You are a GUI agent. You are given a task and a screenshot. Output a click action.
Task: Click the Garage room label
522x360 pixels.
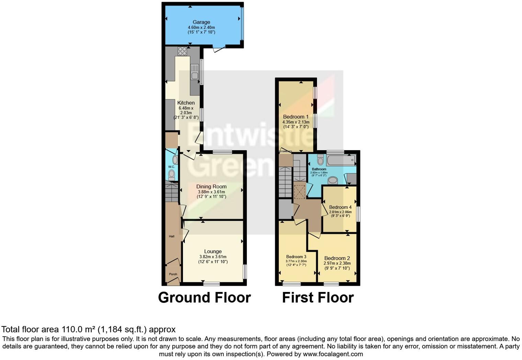point(201,22)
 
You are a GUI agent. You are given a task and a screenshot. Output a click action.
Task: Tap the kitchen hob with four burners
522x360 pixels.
point(182,51)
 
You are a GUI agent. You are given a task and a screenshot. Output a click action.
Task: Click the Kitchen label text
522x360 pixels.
point(186,103)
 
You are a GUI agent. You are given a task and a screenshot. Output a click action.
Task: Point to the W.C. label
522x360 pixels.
point(171,167)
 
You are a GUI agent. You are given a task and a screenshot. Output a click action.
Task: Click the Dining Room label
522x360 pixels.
point(211,187)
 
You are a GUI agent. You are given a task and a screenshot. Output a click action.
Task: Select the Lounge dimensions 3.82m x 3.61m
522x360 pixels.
point(213,257)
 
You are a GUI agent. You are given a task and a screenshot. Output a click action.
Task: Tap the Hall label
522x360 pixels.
point(171,236)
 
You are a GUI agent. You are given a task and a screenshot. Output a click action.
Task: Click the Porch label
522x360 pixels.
point(173,274)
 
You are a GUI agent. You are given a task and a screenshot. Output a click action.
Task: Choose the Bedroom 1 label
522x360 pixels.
point(296,117)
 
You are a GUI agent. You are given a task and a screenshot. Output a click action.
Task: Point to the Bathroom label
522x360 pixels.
point(319,169)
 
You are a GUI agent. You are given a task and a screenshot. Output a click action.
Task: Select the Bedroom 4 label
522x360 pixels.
point(340,207)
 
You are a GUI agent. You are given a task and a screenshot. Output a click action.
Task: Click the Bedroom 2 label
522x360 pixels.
point(337,258)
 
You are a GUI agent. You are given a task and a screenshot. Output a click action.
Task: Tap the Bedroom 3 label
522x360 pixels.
point(296,257)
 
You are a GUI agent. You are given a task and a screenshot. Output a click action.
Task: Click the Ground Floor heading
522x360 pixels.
point(204,297)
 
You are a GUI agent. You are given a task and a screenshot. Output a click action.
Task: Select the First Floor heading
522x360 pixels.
point(318,297)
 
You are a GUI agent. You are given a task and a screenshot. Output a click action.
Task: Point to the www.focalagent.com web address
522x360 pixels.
point(332,354)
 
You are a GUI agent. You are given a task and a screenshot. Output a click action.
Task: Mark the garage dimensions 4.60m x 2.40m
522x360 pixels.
point(201,27)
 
